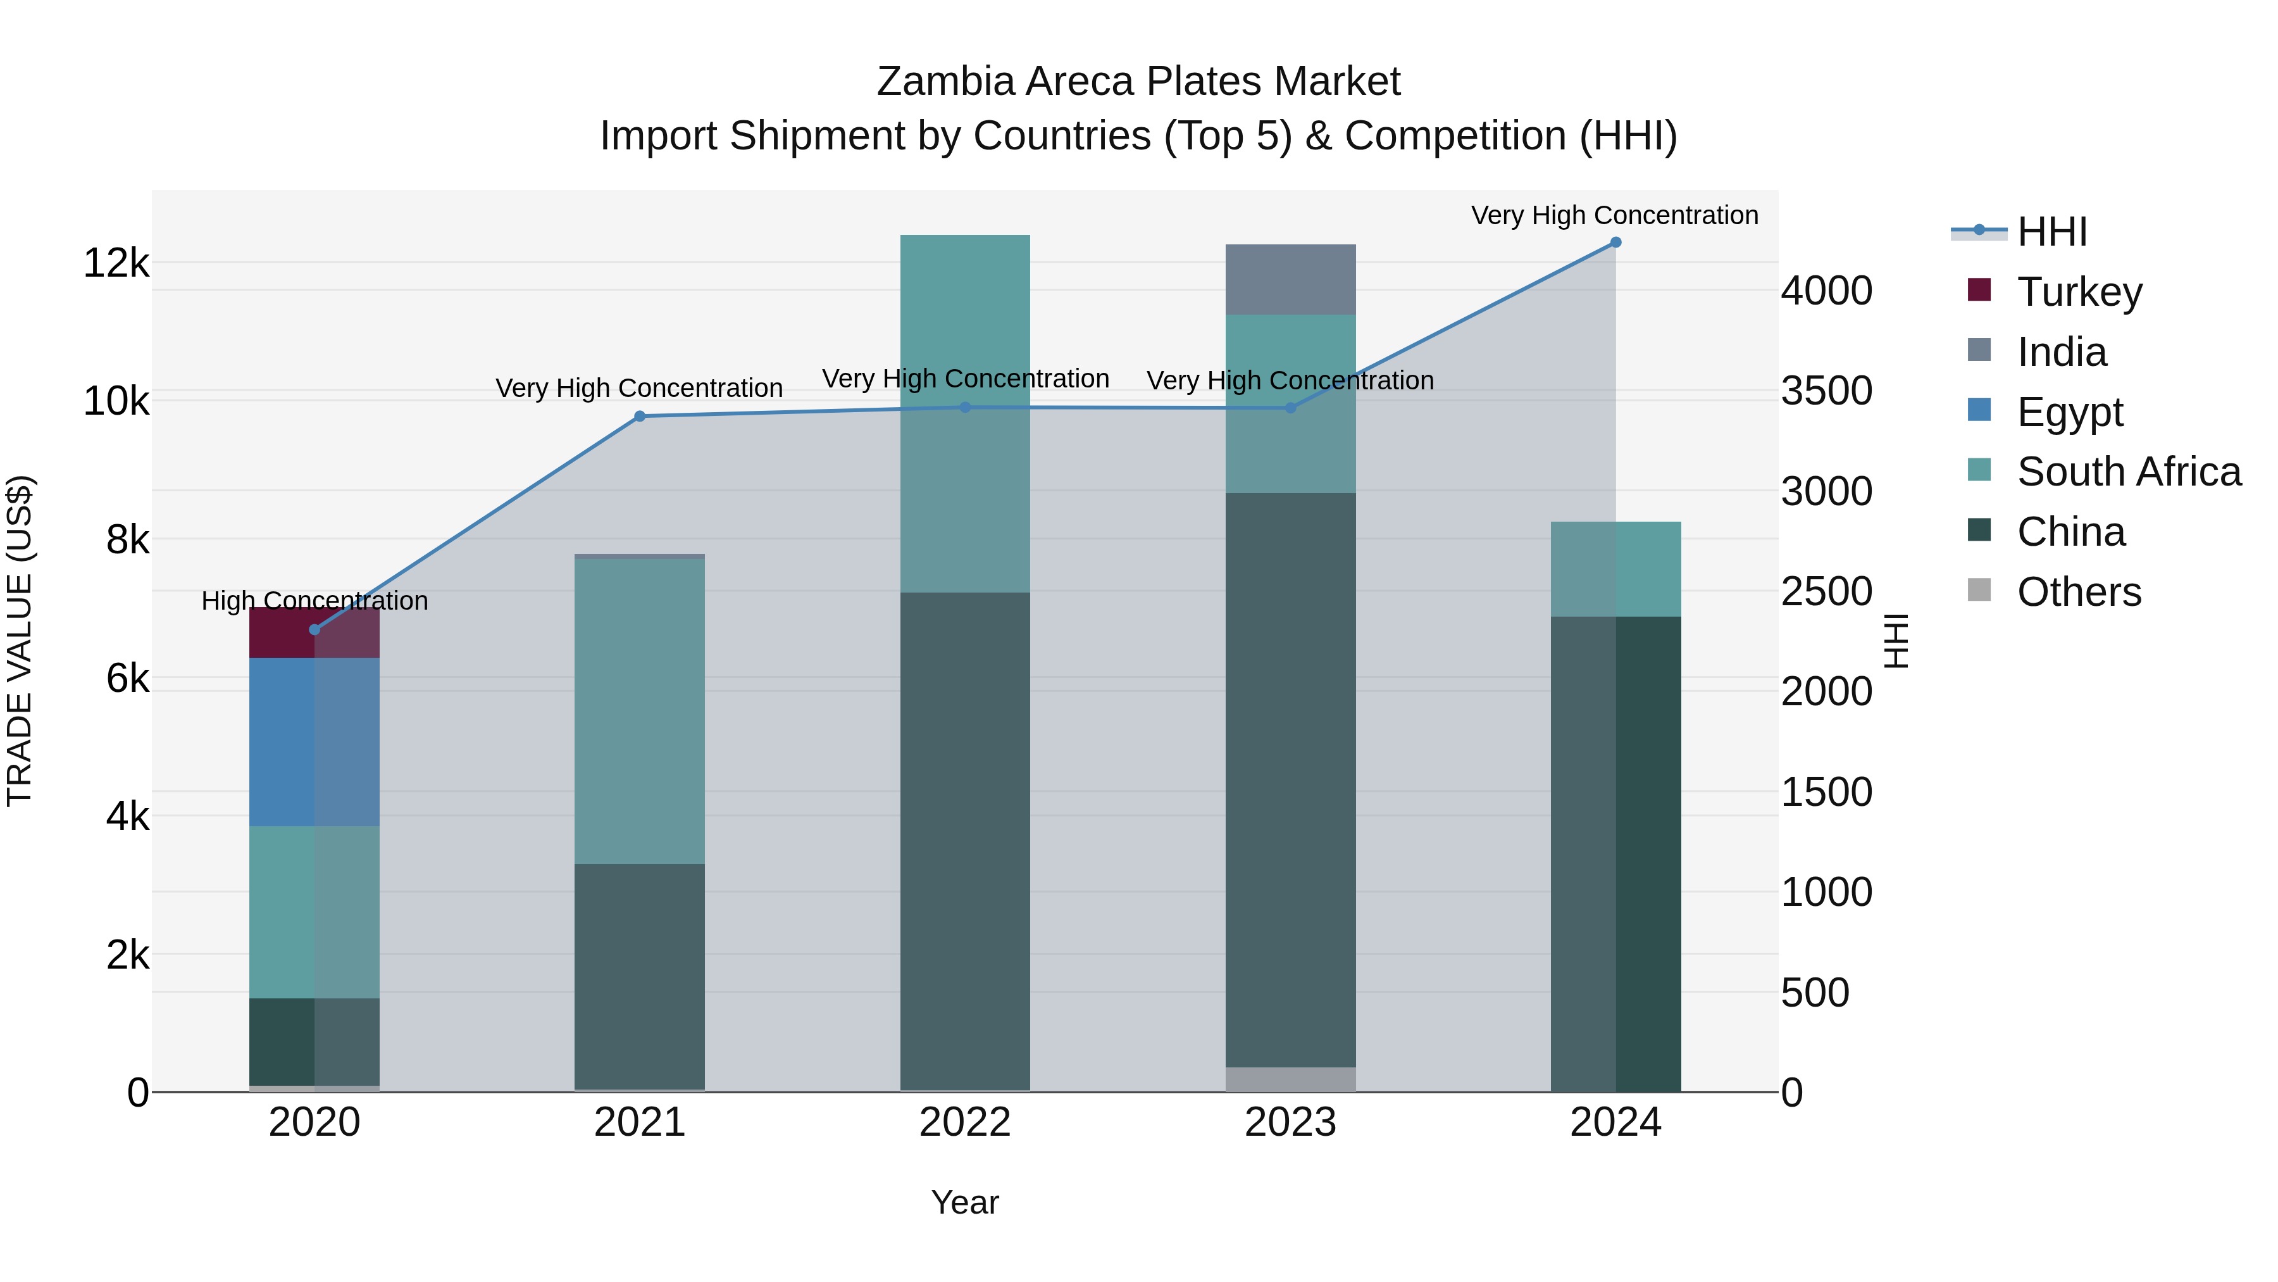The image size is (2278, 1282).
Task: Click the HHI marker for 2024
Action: (1615, 242)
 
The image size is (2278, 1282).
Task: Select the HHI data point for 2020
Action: (315, 630)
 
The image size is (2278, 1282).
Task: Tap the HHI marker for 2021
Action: (640, 417)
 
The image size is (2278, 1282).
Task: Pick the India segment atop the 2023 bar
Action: (1290, 280)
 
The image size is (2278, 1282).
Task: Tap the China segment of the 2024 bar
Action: (1615, 854)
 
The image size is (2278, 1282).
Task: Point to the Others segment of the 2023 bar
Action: (1290, 1079)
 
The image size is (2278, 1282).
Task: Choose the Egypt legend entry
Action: (2069, 412)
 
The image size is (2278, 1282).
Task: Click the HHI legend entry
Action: (2051, 232)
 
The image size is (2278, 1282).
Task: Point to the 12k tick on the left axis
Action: (116, 263)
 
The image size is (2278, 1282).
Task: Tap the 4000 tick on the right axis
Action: (1827, 291)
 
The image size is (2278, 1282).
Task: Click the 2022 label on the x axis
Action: (965, 1122)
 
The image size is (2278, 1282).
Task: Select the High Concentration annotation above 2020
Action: (315, 601)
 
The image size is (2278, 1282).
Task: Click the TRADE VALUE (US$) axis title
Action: (20, 641)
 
